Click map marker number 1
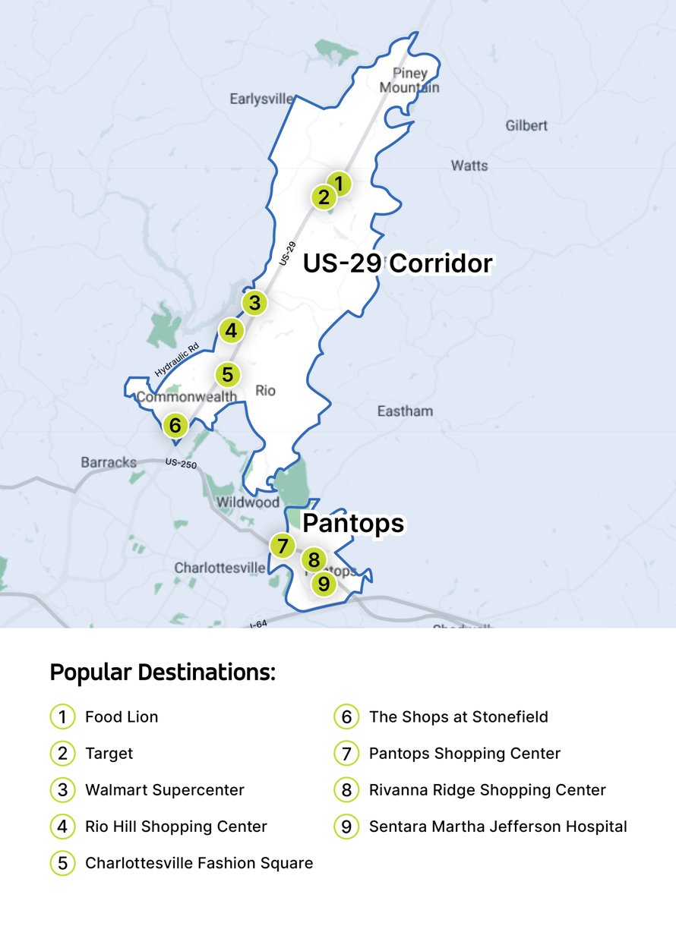[340, 184]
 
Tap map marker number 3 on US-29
[254, 303]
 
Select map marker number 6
[175, 424]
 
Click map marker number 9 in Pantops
[324, 584]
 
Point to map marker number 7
[283, 546]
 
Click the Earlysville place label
[261, 99]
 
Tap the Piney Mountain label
[410, 80]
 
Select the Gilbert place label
[526, 125]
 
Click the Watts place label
[469, 165]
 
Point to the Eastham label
[405, 411]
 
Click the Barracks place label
[109, 462]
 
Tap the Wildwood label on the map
[248, 502]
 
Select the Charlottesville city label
[220, 568]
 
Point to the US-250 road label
[182, 462]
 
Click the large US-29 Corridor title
[398, 263]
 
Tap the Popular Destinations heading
[163, 672]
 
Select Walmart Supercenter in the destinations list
[165, 790]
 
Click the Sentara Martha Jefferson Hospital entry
[498, 827]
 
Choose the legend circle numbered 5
[62, 863]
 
